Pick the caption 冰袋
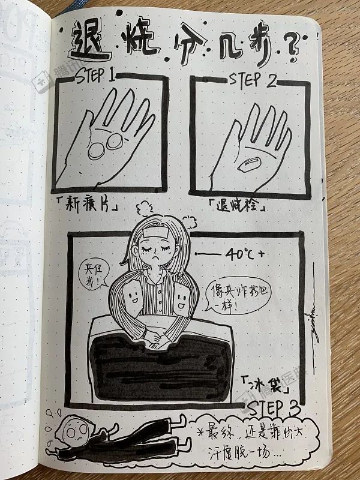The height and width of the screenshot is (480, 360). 263,382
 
